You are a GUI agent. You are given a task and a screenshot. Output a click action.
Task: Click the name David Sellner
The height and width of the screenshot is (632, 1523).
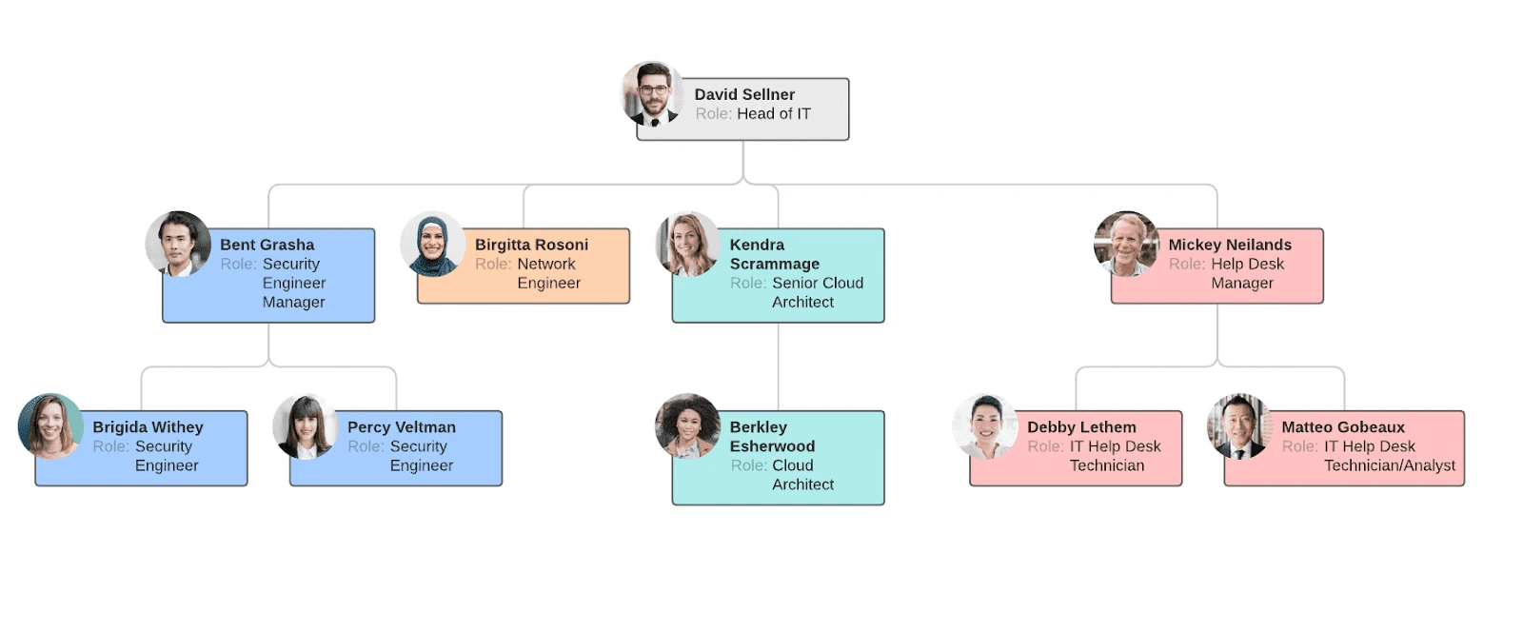coord(744,94)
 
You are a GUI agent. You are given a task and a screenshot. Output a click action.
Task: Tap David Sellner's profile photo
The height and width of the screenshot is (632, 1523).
coord(652,94)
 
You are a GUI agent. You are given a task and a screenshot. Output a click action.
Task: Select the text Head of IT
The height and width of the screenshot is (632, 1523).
coord(773,114)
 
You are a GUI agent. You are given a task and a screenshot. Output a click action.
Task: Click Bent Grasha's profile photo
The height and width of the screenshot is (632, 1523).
coord(178,244)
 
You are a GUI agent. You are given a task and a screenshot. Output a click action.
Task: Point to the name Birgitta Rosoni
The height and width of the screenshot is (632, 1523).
coord(531,245)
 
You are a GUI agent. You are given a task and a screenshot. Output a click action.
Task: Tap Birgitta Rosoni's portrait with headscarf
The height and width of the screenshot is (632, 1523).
coord(432,244)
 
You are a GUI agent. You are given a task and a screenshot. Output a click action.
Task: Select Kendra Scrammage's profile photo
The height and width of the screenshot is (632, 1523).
coord(688,244)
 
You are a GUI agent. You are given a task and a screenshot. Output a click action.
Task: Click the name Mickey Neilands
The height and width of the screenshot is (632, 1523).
coord(1229,245)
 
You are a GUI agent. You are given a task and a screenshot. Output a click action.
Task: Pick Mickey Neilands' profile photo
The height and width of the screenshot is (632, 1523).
coord(1126,244)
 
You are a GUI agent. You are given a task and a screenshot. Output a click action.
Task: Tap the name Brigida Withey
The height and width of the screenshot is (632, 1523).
coord(148,427)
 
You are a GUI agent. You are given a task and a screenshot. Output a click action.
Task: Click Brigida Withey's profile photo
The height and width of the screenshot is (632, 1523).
coord(50,426)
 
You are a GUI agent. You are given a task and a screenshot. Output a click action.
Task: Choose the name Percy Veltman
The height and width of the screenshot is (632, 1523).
coord(401,427)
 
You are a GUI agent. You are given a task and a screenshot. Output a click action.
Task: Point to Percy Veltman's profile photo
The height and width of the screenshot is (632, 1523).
coord(305,426)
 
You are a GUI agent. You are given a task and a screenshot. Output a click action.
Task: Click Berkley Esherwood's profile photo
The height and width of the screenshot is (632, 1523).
coord(687,426)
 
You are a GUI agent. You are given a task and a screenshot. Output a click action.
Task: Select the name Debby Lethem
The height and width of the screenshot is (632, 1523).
coord(1081,427)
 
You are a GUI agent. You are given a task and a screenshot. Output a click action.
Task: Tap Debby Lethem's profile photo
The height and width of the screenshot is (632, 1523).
coord(985,426)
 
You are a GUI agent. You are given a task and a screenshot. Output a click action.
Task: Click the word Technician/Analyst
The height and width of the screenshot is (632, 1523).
coord(1389,465)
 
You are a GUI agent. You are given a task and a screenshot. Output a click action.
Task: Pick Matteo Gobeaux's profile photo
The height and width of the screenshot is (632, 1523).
coord(1239,426)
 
